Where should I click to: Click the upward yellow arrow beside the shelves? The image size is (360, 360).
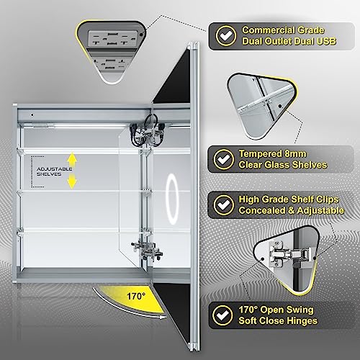coord(71,158)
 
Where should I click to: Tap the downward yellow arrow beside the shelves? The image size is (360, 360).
coord(71,184)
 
